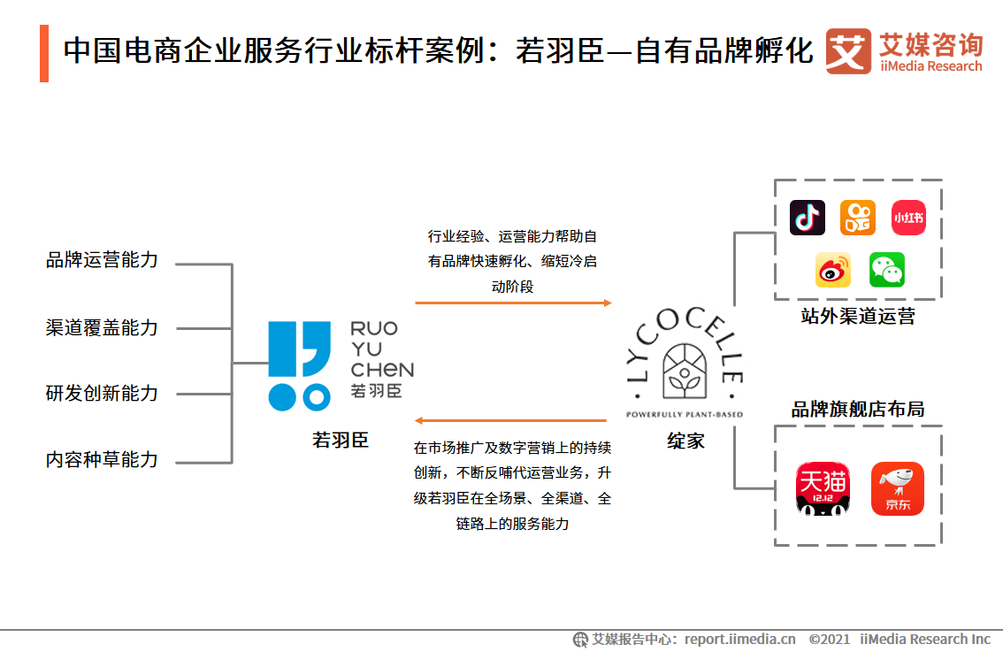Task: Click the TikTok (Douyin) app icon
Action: [x=807, y=218]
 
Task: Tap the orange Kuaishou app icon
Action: [x=857, y=218]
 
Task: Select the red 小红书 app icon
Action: [x=908, y=218]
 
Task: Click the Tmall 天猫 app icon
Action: [x=823, y=488]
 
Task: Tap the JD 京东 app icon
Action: [x=898, y=488]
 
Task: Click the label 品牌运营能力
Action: [x=102, y=260]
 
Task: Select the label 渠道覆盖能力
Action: [x=102, y=327]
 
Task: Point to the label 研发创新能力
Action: [x=102, y=394]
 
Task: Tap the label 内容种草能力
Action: [x=102, y=460]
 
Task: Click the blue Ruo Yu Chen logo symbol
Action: [x=299, y=365]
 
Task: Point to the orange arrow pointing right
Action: [x=513, y=303]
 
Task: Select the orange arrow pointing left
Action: [x=511, y=420]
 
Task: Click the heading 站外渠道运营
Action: [x=858, y=317]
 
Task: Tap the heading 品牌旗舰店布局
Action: [x=858, y=410]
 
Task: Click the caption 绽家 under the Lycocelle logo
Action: [x=685, y=441]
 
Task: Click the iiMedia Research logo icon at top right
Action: [x=847, y=51]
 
